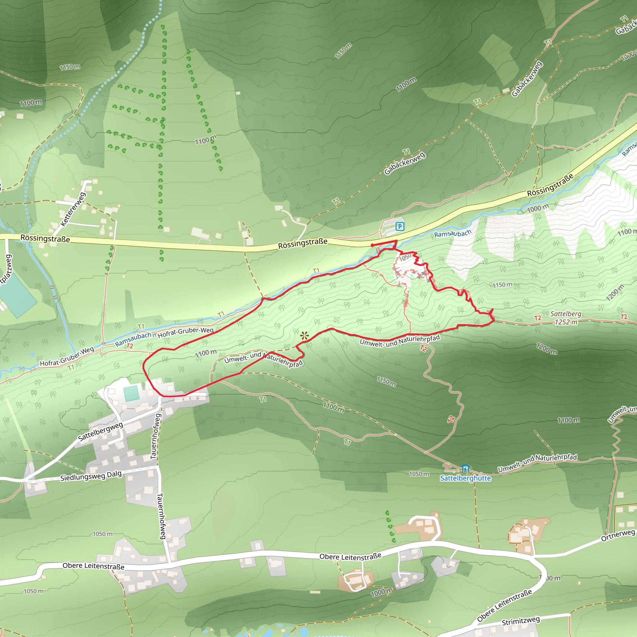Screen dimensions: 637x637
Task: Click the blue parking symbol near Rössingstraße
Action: tap(400, 226)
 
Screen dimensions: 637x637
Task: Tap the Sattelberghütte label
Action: tap(465, 478)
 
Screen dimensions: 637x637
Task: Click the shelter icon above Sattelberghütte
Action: tap(465, 468)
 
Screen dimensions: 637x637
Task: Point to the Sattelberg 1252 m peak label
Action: tap(566, 318)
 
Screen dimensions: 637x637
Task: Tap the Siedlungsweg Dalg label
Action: tap(91, 476)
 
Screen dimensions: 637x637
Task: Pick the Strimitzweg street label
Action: tap(521, 621)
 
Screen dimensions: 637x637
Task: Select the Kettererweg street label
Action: tap(73, 209)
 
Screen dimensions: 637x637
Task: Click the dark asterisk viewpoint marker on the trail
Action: tap(304, 336)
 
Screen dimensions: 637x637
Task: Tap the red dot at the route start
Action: tap(372, 245)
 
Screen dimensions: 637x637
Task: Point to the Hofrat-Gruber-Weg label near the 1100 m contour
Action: tap(186, 332)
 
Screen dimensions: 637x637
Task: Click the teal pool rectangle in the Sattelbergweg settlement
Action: tap(131, 393)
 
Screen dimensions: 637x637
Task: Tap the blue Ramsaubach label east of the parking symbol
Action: tap(453, 234)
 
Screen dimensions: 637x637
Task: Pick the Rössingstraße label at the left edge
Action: tap(45, 238)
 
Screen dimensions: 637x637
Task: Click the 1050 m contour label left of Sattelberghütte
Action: tap(419, 474)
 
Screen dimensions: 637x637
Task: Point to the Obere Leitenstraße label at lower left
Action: tap(93, 566)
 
